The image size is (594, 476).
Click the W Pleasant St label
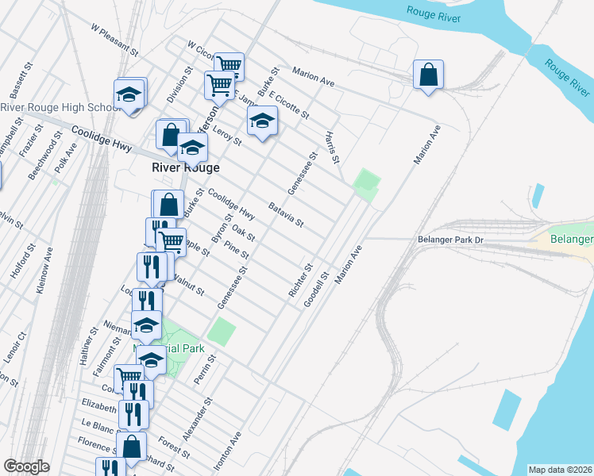click(x=114, y=40)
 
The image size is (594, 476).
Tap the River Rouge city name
click(x=186, y=167)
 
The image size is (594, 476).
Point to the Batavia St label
click(x=286, y=214)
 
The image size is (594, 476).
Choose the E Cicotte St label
click(x=288, y=105)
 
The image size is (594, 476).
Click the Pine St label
click(x=237, y=250)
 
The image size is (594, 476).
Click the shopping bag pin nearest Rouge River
click(x=428, y=76)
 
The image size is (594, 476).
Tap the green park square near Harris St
click(x=365, y=185)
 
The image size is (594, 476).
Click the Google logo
click(x=26, y=466)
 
